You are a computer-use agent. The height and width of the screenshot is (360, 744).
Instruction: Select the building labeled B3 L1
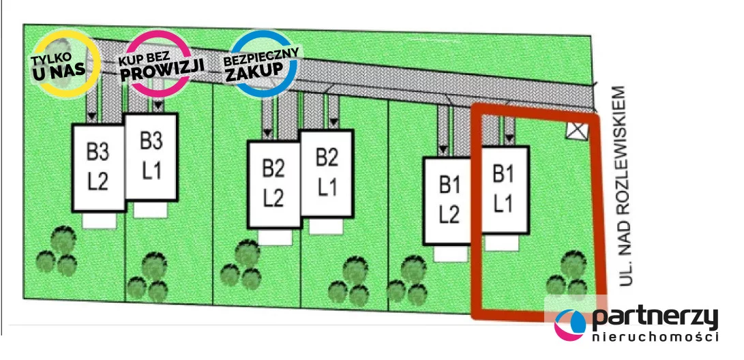151,157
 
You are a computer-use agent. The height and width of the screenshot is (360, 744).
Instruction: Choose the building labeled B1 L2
448,200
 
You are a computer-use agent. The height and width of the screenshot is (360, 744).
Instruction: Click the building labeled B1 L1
503,190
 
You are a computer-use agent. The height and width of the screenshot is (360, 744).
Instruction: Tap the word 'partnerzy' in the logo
654,318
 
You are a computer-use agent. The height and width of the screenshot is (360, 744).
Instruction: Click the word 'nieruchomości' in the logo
655,337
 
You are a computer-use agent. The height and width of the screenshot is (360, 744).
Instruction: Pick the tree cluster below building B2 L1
350,281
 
